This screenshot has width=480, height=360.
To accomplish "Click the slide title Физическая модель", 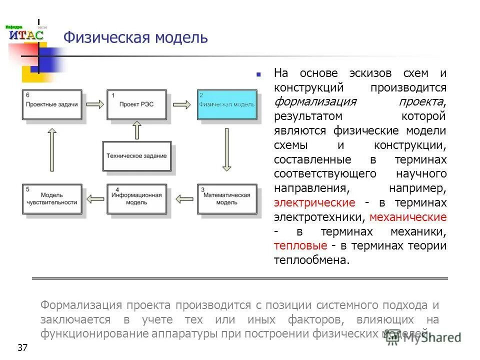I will pyautogui.click(x=135, y=37).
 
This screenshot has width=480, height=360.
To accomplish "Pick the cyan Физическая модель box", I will pyautogui.click(x=227, y=104).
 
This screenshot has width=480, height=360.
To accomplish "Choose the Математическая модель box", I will pyautogui.click(x=226, y=199).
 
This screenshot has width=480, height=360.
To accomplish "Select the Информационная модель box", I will pyautogui.click(x=136, y=199).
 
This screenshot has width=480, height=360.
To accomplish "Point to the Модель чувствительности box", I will pyautogui.click(x=51, y=199).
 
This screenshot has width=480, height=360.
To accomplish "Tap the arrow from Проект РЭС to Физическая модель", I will pyautogui.click(x=181, y=104).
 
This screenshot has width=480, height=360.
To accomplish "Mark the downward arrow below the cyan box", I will pyautogui.click(x=226, y=149).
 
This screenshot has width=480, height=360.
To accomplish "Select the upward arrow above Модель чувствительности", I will pyautogui.click(x=51, y=149).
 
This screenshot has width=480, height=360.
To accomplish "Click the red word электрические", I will pyautogui.click(x=314, y=203).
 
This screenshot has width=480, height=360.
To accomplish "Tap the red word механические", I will pyautogui.click(x=407, y=217).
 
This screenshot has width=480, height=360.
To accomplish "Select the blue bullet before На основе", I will pyautogui.click(x=258, y=74).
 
